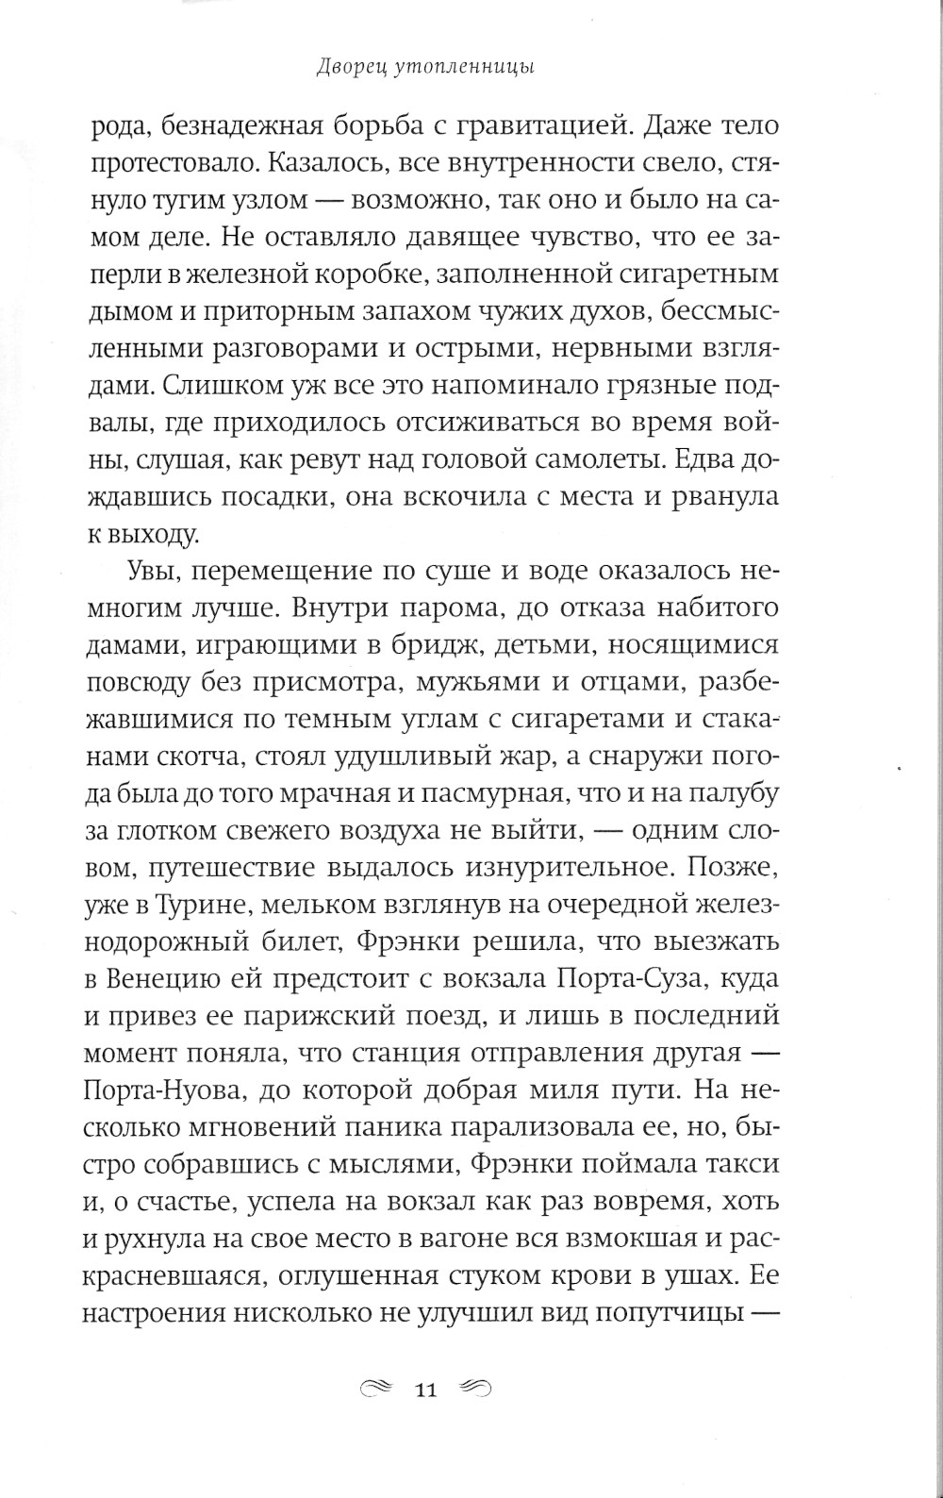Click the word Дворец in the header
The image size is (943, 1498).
pos(347,67)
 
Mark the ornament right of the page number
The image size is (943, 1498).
pos(475,1388)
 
